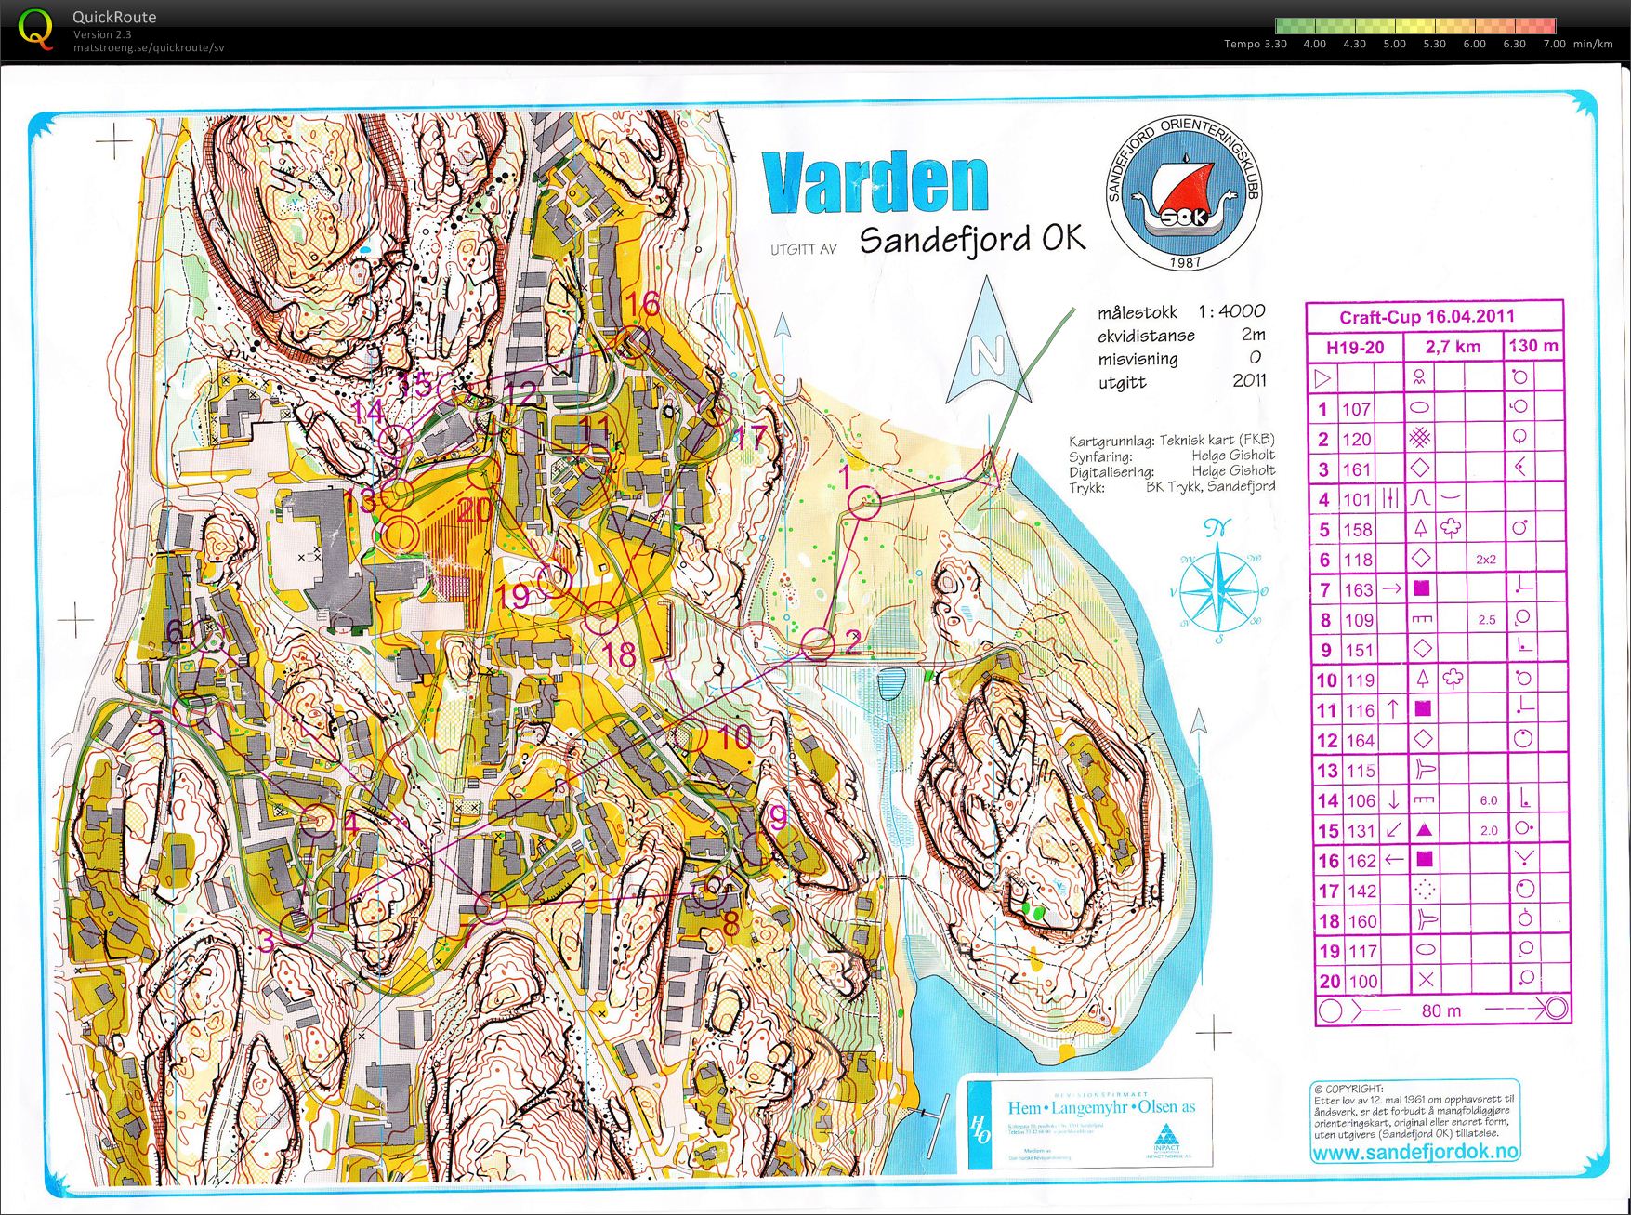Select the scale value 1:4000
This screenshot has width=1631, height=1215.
click(1230, 311)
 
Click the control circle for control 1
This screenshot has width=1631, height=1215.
click(864, 503)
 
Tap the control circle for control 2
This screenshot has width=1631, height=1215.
click(818, 643)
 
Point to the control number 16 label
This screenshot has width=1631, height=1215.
click(642, 304)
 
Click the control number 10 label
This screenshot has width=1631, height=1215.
click(733, 737)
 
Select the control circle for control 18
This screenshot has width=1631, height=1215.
click(601, 615)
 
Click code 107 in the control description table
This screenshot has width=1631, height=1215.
click(1356, 409)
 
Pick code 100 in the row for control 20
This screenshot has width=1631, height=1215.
click(1362, 981)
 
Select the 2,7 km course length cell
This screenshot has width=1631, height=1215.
click(1453, 347)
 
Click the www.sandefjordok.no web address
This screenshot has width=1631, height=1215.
click(1414, 1152)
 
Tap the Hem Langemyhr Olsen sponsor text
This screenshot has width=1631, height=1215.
click(1101, 1107)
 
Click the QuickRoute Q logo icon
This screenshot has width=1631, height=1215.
click(35, 29)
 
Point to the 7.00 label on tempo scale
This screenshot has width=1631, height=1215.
click(1553, 44)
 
